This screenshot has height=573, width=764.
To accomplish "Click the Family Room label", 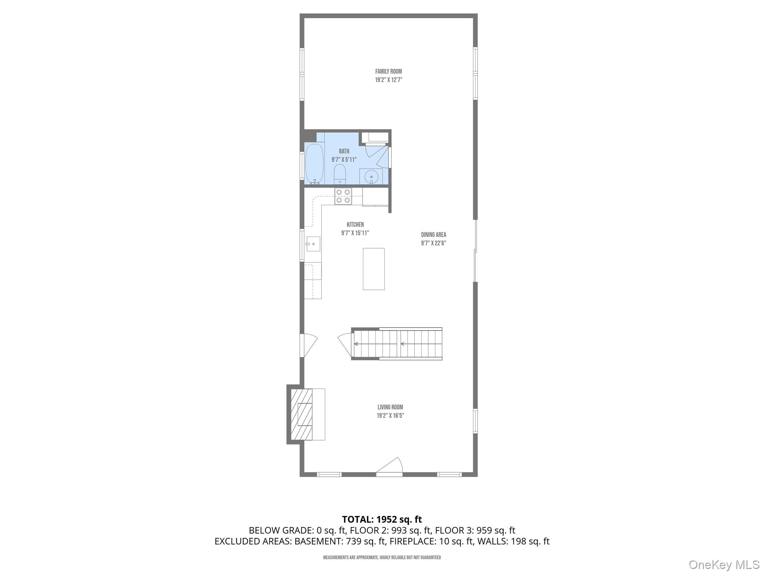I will tap(388, 71).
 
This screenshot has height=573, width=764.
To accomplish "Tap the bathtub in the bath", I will tap(314, 164).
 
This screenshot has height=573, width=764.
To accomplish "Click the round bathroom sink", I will tap(371, 176).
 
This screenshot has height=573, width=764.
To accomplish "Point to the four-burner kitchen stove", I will tap(343, 196).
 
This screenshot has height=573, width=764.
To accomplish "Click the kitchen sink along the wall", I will tap(313, 244).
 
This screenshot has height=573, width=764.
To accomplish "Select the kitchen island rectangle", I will tap(373, 269).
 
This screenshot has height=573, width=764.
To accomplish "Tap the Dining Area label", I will tap(433, 235).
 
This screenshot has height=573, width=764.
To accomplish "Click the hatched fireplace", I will tap(301, 414).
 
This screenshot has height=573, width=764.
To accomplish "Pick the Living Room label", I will tap(390, 407).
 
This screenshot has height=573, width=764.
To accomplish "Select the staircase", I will tap(397, 344).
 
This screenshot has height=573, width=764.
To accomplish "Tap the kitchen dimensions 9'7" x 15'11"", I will tap(355, 233).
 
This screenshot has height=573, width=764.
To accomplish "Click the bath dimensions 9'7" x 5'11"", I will tap(344, 160).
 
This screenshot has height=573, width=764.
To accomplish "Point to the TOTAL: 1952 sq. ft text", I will tap(382, 519).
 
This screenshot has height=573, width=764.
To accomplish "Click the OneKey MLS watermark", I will tap(724, 565).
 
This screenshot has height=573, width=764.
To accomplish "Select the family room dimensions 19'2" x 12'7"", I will tap(388, 80).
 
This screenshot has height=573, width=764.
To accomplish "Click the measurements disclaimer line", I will tap(382, 557).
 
